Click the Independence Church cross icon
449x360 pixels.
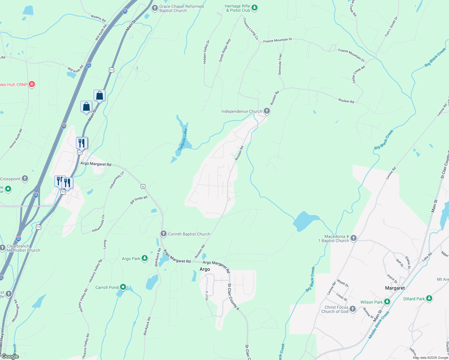[267, 111]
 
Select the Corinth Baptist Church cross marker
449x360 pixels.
[163, 234]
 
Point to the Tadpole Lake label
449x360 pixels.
[183, 139]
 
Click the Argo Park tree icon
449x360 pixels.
[145, 258]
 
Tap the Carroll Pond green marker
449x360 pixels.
[123, 287]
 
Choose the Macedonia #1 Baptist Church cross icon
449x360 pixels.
[354, 238]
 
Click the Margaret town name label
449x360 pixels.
[395, 288]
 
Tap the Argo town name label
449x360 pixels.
[205, 269]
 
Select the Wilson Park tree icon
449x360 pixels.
[387, 302]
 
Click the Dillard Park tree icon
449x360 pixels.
[429, 298]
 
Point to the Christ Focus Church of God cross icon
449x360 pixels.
[353, 309]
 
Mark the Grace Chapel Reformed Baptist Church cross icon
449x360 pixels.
[155, 8]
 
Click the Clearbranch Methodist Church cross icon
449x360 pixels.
[3, 248]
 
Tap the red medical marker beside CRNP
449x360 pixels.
[32, 84]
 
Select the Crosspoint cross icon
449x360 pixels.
[25, 178]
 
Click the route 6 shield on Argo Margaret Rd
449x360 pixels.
[143, 187]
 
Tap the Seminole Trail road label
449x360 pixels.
[280, 64]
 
